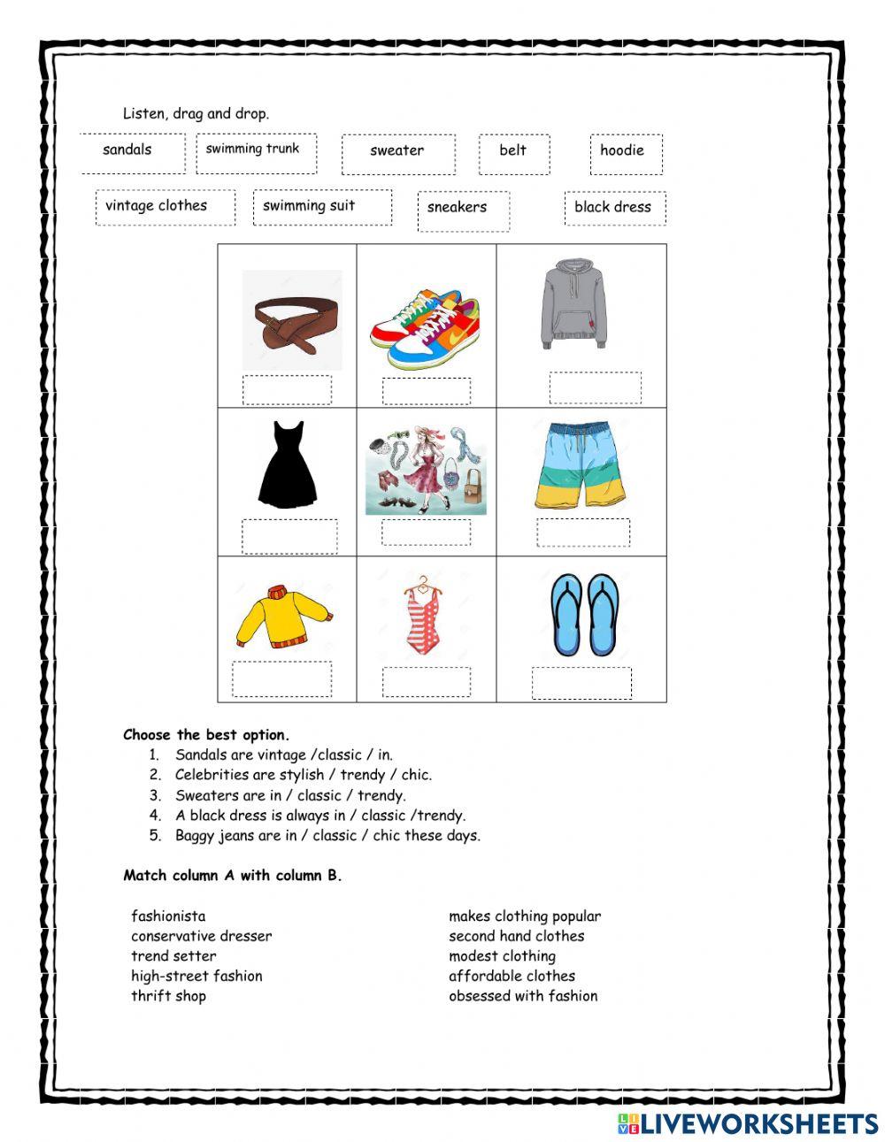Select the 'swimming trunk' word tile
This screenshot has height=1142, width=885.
pyautogui.click(x=255, y=151)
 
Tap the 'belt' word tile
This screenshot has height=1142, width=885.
pyautogui.click(x=513, y=152)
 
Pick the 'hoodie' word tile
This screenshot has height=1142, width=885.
pyautogui.click(x=624, y=152)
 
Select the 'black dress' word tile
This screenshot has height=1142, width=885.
pyautogui.click(x=613, y=208)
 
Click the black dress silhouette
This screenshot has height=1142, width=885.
pyautogui.click(x=287, y=465)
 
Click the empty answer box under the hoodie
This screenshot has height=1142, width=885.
pyautogui.click(x=595, y=387)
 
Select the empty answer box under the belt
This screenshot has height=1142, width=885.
pyautogui.click(x=287, y=389)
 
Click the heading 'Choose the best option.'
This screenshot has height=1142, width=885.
pyautogui.click(x=206, y=735)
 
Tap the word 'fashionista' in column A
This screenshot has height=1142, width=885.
pyautogui.click(x=168, y=916)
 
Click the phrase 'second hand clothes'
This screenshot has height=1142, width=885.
pyautogui.click(x=516, y=936)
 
